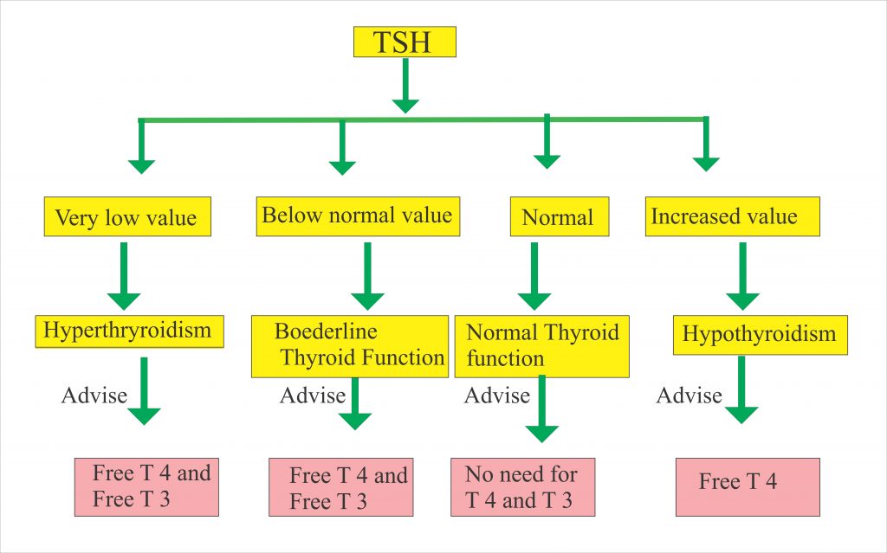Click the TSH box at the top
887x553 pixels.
click(405, 42)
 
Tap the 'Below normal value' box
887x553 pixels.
click(358, 215)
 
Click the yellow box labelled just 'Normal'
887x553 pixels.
click(559, 217)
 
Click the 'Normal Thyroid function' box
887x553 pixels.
click(543, 345)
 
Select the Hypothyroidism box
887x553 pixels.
click(760, 334)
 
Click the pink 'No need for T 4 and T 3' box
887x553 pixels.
click(522, 487)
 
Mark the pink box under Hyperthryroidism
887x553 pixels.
click(146, 486)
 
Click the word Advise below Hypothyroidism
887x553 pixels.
click(689, 396)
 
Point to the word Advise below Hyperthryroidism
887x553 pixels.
click(94, 396)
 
